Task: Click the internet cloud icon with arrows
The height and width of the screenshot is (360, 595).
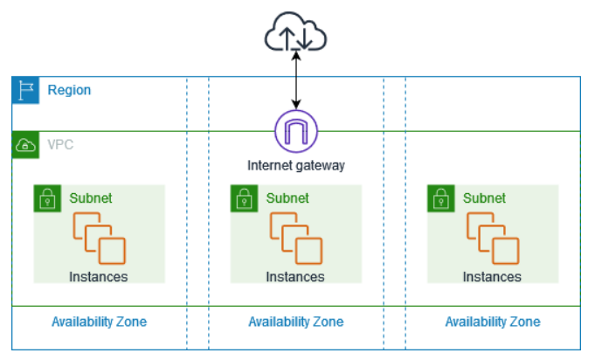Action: point(295,31)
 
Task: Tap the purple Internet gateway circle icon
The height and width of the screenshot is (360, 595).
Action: point(296,131)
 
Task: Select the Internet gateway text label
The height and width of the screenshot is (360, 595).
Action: point(296,165)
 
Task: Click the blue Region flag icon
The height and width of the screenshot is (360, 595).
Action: point(25,90)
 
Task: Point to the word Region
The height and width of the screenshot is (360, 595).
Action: point(69,90)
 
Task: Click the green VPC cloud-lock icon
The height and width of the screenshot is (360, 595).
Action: point(25,145)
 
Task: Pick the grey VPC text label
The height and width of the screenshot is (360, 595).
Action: point(60,144)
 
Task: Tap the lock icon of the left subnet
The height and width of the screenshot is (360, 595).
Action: point(47,198)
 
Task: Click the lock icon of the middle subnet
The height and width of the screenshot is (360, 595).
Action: point(244,198)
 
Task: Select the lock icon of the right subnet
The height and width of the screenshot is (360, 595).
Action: point(441,198)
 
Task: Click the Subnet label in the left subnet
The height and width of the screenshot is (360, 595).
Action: point(91,198)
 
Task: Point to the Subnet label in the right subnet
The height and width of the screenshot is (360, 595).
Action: point(484,198)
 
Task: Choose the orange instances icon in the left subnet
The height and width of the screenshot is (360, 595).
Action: point(99,239)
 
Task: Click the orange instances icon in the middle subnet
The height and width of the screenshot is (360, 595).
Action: point(296,239)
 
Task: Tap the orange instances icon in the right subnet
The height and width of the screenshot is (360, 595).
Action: point(493,239)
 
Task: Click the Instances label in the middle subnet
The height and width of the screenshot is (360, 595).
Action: point(295,277)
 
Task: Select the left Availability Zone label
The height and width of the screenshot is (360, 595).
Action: point(99,322)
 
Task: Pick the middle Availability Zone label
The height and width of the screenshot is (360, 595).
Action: point(296,322)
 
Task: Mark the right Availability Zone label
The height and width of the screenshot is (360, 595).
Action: point(493,322)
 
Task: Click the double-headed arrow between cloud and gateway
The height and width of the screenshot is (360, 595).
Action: point(296,80)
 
